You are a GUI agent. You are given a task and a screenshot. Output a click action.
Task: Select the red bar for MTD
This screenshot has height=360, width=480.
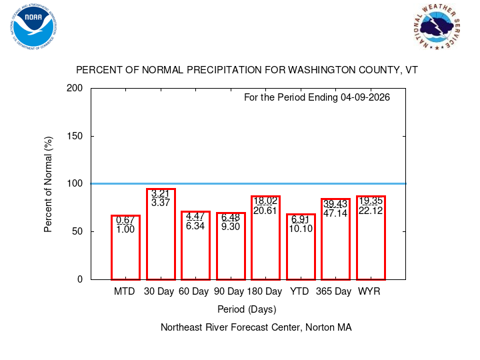point(125,247)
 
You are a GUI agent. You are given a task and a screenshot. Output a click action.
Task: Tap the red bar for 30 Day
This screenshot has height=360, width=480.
point(161,234)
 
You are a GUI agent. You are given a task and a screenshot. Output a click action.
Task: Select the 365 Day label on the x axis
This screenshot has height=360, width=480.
point(333,292)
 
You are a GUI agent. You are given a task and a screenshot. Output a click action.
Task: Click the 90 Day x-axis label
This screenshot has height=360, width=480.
point(230,292)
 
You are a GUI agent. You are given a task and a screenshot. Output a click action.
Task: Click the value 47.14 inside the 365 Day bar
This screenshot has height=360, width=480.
point(336,214)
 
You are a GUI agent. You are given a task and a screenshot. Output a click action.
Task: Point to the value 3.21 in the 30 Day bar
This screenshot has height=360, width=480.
point(161,194)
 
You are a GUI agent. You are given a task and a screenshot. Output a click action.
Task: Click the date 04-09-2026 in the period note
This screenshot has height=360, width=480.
point(364,97)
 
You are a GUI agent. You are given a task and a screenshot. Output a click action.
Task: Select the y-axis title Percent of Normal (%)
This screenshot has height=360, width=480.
point(49,184)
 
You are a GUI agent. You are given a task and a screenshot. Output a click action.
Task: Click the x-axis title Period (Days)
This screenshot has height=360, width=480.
point(247,309)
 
